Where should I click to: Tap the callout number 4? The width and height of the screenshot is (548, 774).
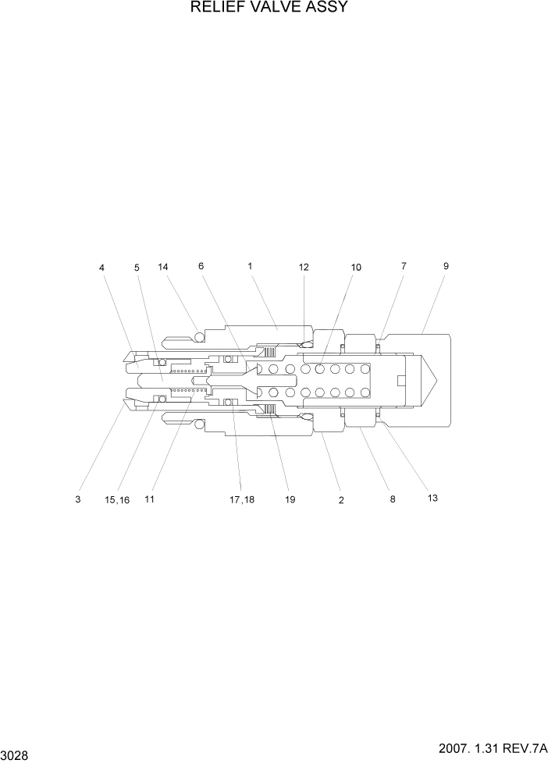tap(101, 268)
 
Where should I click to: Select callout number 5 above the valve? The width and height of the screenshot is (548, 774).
tap(137, 268)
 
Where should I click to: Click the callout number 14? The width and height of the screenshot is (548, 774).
tap(163, 267)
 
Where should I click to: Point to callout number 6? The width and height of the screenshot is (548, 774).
tap(201, 266)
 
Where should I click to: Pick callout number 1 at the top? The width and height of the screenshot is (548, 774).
tap(250, 266)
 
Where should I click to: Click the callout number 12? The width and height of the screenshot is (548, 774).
tap(304, 267)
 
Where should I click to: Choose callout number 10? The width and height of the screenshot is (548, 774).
tap(356, 267)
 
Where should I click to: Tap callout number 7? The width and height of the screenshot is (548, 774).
tap(404, 266)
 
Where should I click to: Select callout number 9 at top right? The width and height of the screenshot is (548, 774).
tap(446, 266)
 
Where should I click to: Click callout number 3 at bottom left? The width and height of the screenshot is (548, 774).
tap(78, 499)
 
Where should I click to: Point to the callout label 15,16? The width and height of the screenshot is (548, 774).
tap(118, 499)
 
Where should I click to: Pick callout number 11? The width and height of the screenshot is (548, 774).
tap(149, 499)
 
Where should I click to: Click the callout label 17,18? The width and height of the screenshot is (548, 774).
tap(242, 499)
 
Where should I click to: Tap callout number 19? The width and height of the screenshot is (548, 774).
tap(290, 499)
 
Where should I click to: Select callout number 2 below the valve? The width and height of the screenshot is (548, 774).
tap(341, 500)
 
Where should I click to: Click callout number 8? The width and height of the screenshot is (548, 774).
tap(393, 499)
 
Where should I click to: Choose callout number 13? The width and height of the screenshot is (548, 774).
tap(432, 498)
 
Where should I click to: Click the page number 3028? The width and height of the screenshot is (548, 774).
tap(16, 756)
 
